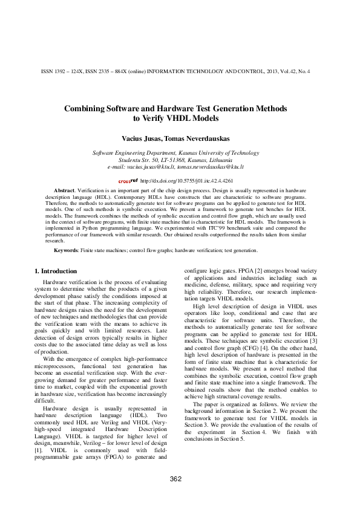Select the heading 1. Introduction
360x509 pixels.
(x=56, y=271)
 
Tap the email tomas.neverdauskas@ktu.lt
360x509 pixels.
(x=214, y=166)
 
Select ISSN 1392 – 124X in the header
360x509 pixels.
(x=65, y=71)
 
